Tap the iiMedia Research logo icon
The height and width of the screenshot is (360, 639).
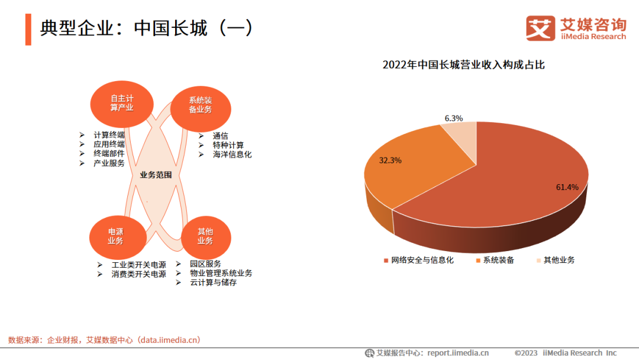[x=540, y=28]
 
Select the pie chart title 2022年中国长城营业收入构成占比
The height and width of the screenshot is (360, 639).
[x=463, y=65]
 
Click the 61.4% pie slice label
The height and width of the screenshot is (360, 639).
[x=566, y=187]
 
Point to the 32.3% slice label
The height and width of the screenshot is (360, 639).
[x=390, y=160]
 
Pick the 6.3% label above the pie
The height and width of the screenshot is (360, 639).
[x=454, y=118]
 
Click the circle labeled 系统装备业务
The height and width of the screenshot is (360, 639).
[x=200, y=105]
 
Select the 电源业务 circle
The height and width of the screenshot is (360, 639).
[x=115, y=236]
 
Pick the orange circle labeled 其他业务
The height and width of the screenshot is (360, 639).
[x=205, y=236]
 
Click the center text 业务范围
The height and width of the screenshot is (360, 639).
[x=156, y=175]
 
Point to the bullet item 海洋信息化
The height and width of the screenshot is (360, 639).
[x=232, y=155]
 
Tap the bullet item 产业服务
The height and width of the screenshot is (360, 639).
[x=109, y=163]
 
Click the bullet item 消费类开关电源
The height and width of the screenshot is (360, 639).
[x=138, y=274]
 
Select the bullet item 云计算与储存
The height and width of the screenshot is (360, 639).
[x=213, y=283]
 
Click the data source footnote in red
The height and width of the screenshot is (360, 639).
[x=104, y=340]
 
